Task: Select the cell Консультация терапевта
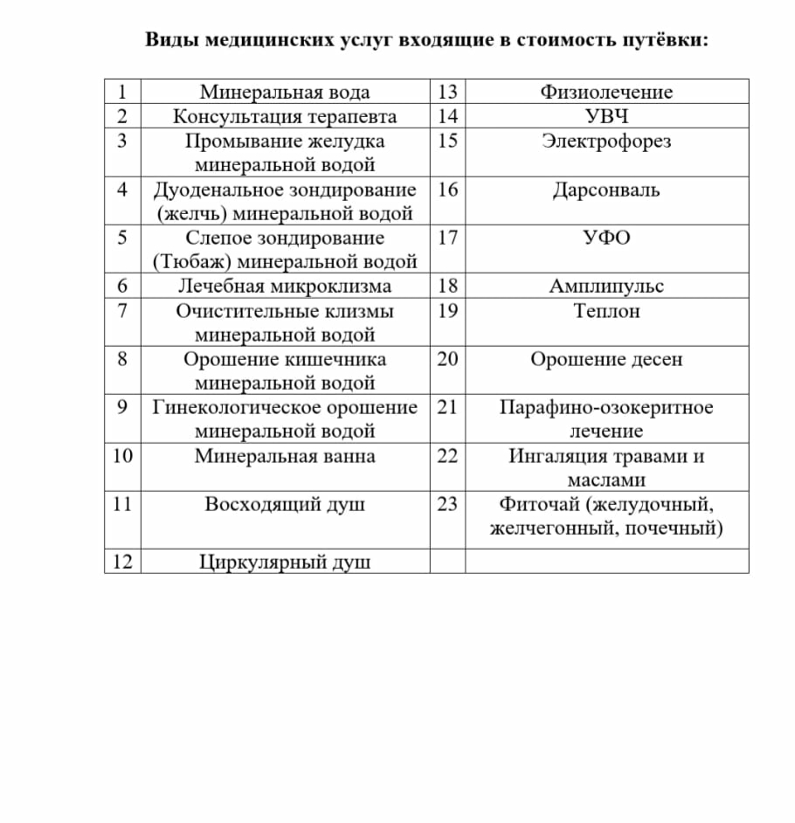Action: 285,116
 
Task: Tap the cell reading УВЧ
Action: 606,116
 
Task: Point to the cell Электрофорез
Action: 606,141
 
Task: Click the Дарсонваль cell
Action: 606,190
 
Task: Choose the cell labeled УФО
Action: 606,238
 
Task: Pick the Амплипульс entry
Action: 606,287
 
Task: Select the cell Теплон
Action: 606,311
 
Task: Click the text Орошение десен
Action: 606,359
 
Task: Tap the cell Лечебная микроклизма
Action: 285,287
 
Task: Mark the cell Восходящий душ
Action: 285,504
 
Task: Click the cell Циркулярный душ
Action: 285,562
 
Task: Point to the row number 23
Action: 447,504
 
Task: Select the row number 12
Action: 123,562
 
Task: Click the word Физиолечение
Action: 606,92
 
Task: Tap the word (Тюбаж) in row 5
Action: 191,261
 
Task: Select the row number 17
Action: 447,238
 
